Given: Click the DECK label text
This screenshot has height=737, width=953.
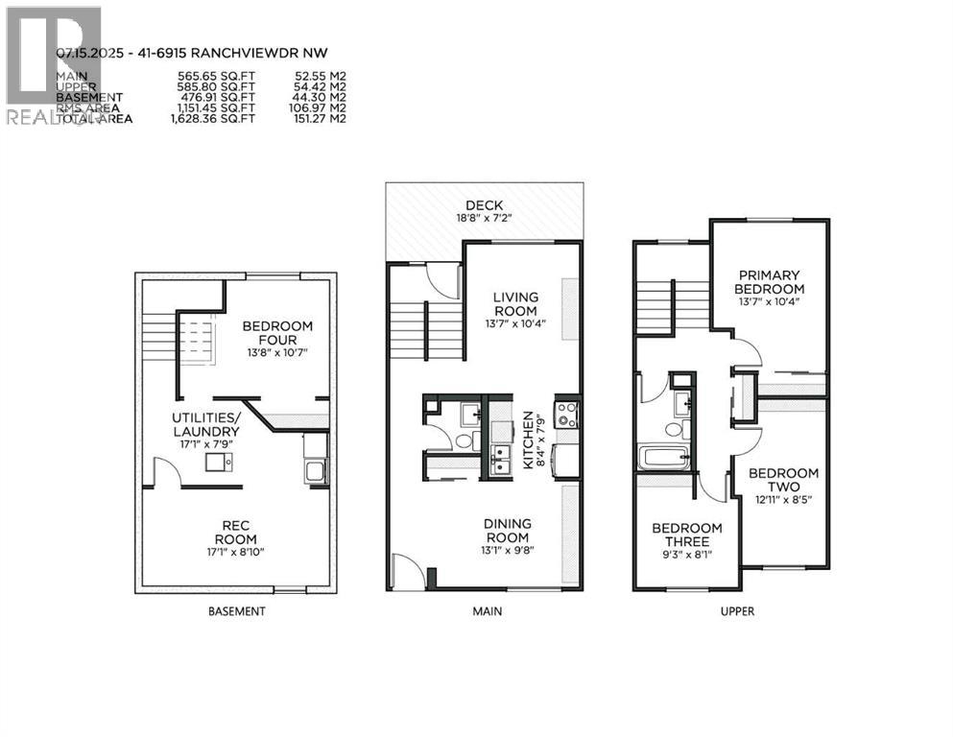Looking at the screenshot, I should click(484, 204).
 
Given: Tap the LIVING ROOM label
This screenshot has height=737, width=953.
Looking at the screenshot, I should click(515, 304).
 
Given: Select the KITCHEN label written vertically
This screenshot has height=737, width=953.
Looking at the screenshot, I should click(527, 440).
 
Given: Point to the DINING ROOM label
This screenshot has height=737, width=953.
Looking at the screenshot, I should click(508, 530).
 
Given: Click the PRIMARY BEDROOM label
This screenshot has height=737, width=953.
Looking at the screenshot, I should click(768, 282).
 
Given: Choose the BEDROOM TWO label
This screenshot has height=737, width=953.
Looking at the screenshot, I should click(783, 480).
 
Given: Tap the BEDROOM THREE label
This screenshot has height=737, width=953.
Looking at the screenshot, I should click(686, 535).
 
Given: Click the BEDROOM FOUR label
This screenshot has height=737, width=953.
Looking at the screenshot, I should click(276, 333).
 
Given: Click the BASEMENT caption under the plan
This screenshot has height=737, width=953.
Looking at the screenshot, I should click(237, 610).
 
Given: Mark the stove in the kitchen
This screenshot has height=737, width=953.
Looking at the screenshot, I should click(566, 416).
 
